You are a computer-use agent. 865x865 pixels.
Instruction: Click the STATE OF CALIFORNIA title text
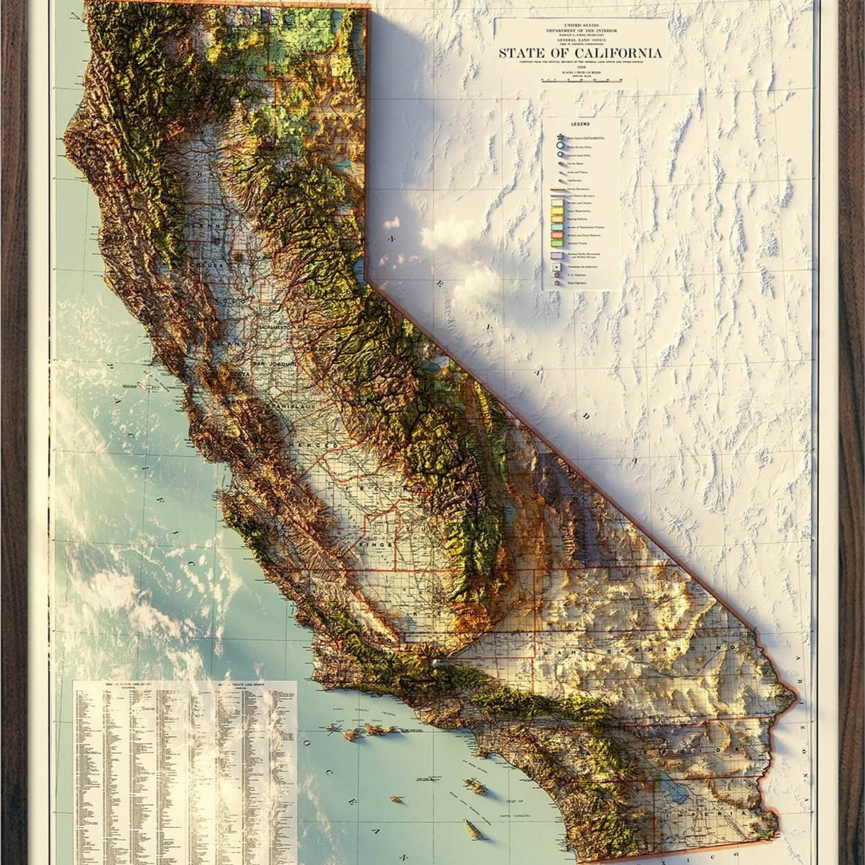580,53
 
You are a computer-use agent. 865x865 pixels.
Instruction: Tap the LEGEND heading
580,124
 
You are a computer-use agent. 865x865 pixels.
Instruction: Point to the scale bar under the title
580,80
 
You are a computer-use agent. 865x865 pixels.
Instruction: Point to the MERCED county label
317,445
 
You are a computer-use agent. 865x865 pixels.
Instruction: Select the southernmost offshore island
474,829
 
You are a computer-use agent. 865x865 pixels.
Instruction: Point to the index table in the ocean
185,769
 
